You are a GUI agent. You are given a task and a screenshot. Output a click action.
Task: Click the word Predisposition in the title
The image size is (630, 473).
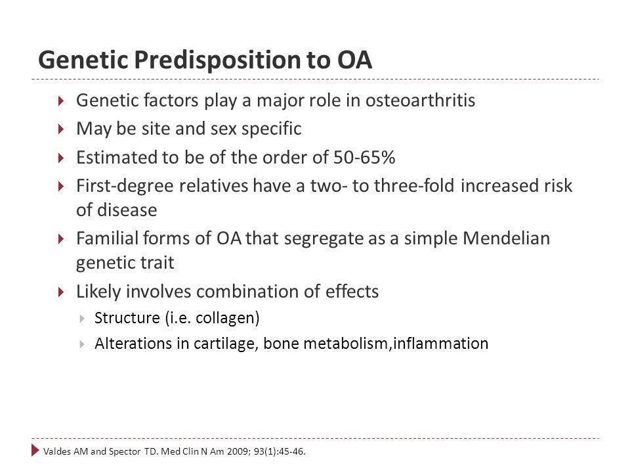tap(217, 60)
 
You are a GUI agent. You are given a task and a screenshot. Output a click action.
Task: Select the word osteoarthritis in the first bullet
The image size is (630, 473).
tap(420, 100)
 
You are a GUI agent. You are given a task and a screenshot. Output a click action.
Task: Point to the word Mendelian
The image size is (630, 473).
tap(506, 238)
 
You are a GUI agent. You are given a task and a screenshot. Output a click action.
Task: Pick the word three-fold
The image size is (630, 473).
tap(414, 186)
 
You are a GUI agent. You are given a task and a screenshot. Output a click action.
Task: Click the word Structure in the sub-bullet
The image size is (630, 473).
tap(127, 318)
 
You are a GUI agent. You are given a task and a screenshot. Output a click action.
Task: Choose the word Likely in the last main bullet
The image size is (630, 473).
tap(98, 292)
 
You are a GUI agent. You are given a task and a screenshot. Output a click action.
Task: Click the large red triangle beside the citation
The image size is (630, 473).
tap(35, 451)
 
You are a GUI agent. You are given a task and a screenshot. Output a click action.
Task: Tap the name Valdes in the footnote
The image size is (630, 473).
tap(57, 451)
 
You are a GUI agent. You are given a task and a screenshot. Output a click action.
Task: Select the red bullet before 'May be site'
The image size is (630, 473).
tap(61, 129)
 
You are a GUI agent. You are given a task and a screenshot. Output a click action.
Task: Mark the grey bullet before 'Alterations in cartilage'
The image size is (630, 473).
tap(82, 344)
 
